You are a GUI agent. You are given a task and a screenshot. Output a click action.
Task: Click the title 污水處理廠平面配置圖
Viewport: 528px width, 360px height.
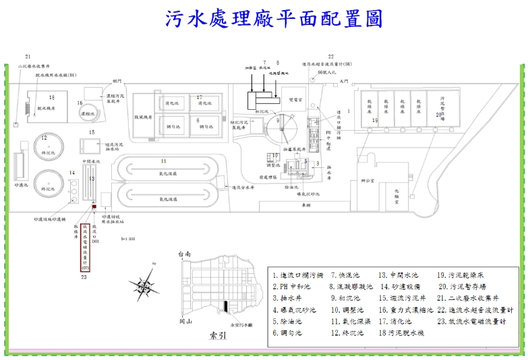[x=274, y=19]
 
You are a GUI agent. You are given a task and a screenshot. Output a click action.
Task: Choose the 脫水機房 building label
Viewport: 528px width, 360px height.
[x=46, y=108]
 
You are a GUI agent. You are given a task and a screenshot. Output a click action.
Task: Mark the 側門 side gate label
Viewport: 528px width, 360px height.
[x=117, y=80]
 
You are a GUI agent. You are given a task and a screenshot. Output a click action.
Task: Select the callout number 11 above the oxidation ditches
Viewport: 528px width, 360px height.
[x=163, y=161]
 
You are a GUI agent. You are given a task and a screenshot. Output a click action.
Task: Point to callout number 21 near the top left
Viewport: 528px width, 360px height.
[x=28, y=57]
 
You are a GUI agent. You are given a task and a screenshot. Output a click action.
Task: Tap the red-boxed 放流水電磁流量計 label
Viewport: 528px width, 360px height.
[x=86, y=246]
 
